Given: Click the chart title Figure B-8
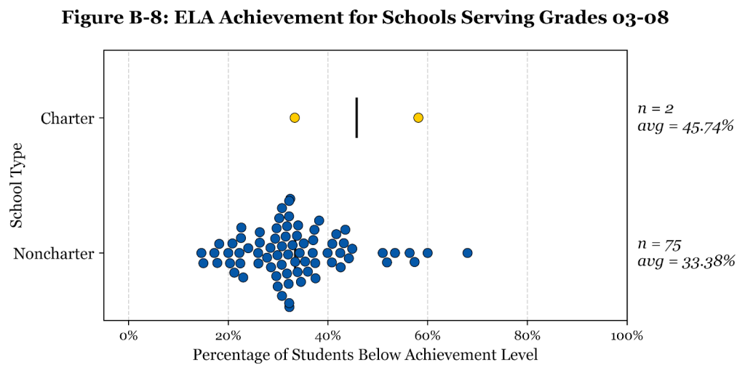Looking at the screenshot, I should (365, 18).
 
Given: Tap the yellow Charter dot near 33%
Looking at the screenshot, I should (295, 118).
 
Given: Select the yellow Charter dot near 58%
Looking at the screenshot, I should (418, 118).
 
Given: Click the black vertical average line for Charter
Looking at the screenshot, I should (356, 118).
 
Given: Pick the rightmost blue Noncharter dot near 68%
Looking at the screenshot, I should (467, 253).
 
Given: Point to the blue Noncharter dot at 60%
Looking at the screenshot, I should (428, 253).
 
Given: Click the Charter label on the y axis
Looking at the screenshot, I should (68, 119).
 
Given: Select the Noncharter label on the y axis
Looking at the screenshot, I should (55, 254).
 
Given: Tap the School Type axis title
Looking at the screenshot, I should (17, 185).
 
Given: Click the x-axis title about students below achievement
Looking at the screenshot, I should (365, 356).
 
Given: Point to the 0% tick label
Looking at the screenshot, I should (129, 336).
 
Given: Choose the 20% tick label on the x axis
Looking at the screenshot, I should (228, 336).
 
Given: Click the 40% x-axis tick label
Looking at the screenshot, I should (328, 336).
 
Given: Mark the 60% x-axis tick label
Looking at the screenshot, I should (428, 336).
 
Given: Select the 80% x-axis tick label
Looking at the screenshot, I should (527, 336).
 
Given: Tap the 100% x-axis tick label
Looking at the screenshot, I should (626, 336).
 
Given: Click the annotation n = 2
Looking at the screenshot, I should (656, 108).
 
